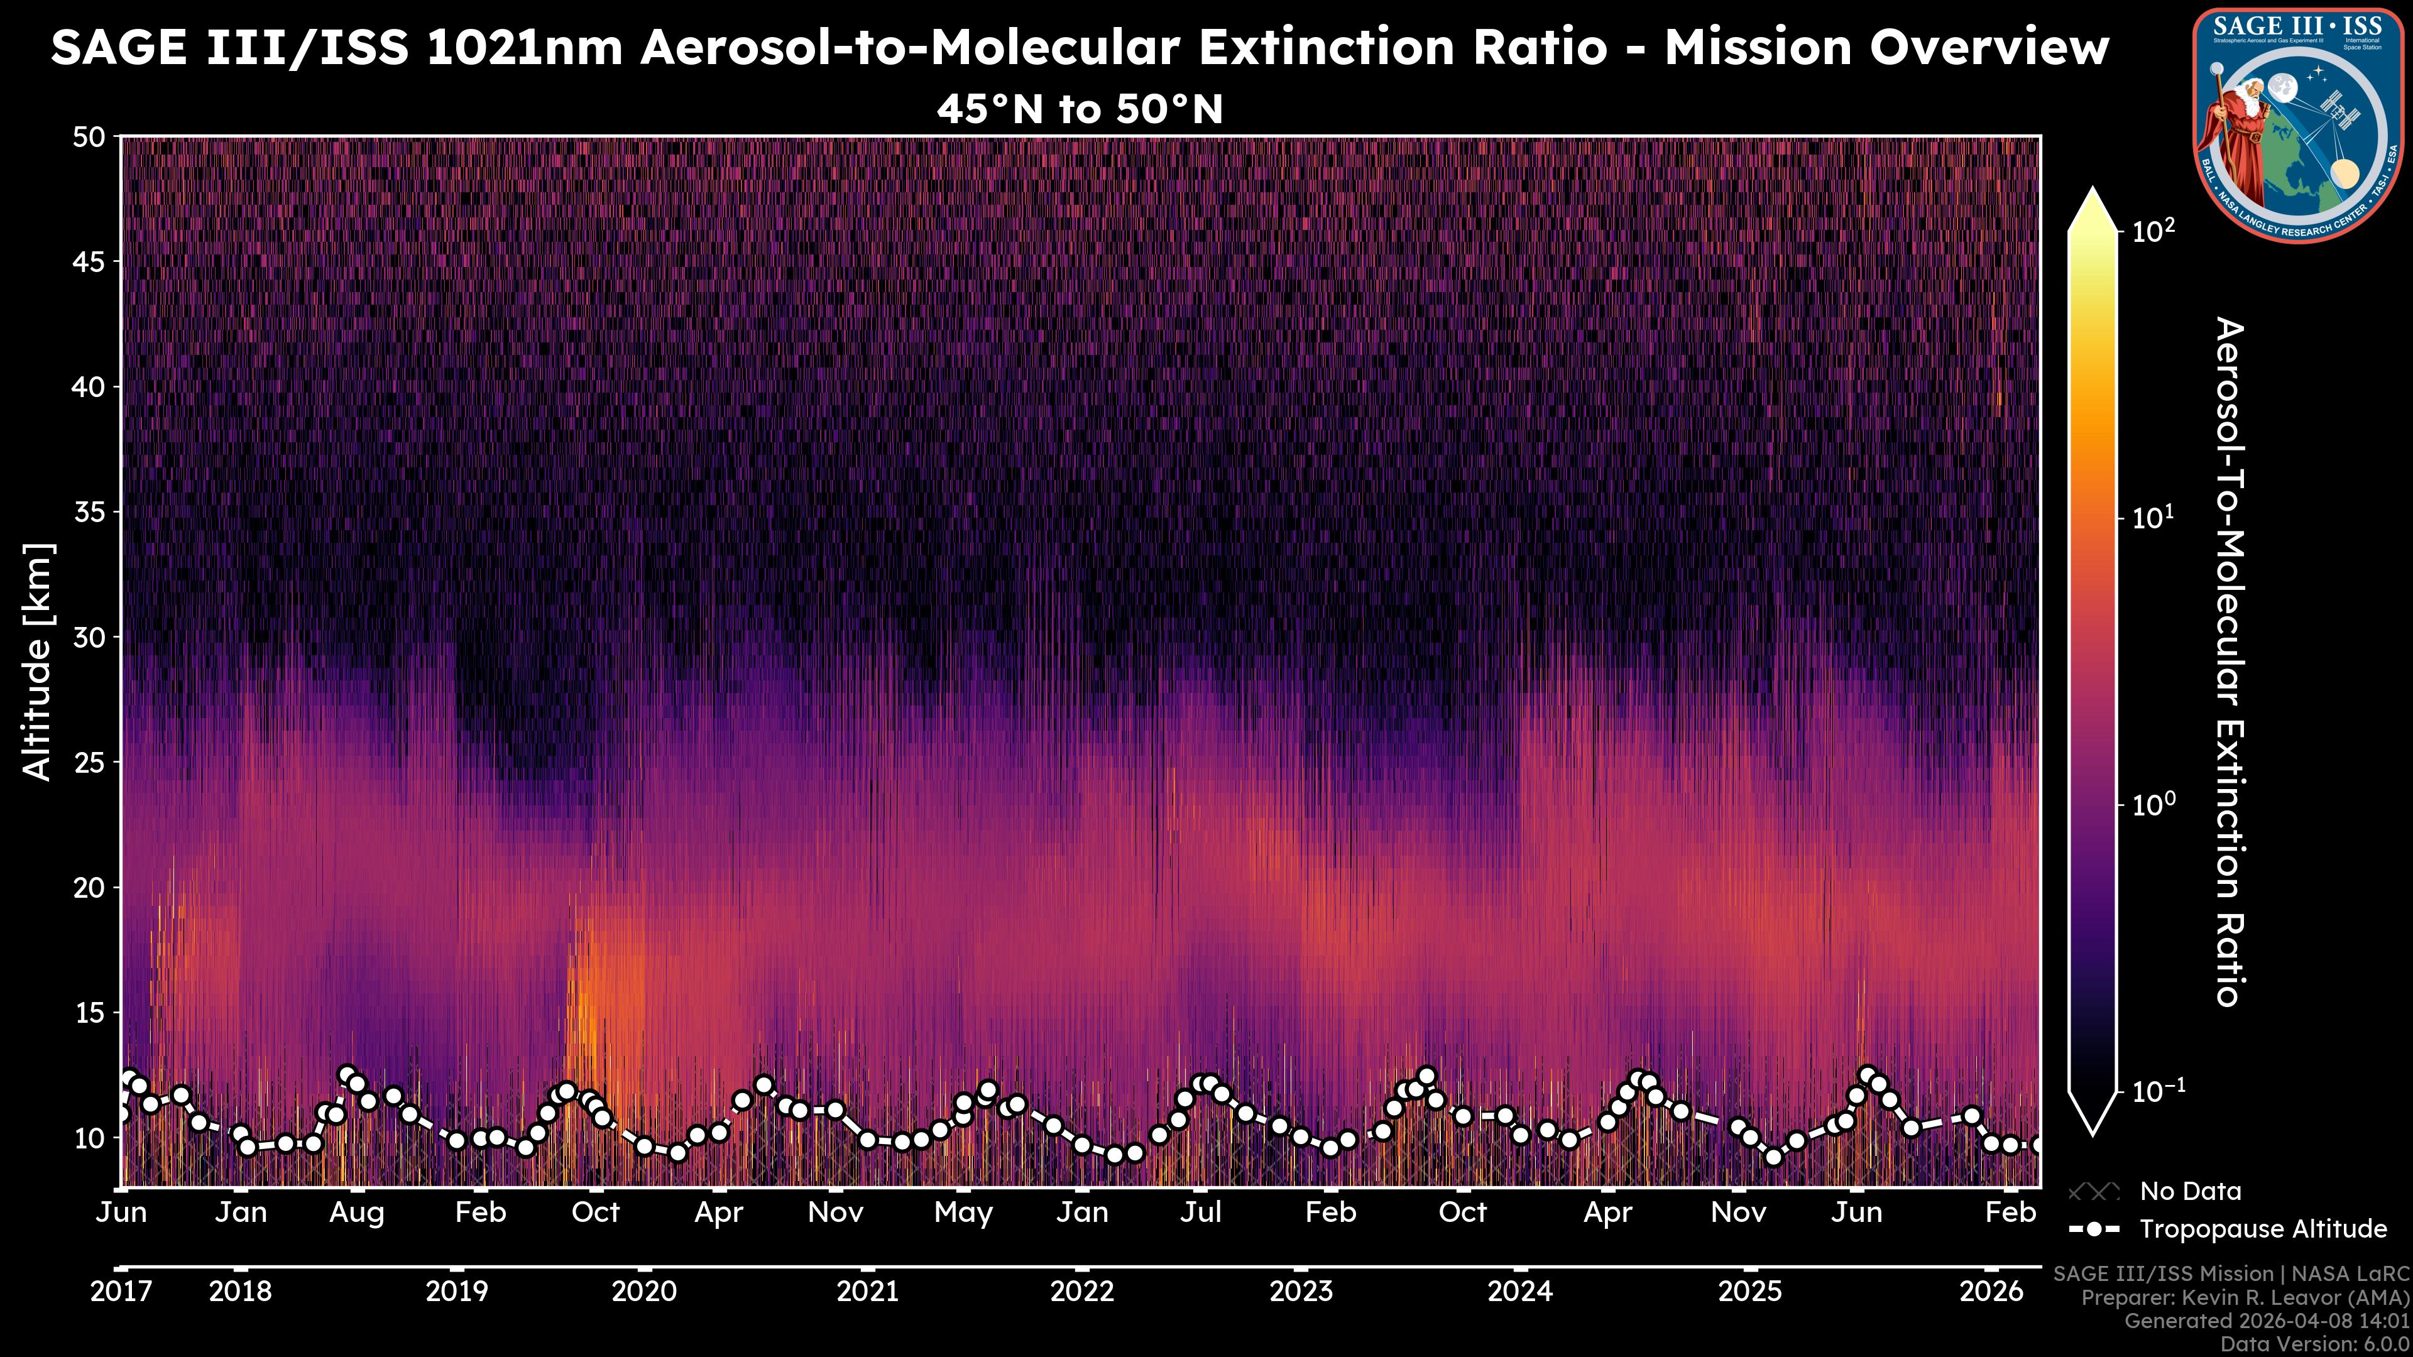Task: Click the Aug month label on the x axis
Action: pyautogui.click(x=357, y=1213)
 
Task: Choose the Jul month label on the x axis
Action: pyautogui.click(x=1200, y=1213)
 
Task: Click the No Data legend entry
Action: pyautogui.click(x=2190, y=1191)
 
